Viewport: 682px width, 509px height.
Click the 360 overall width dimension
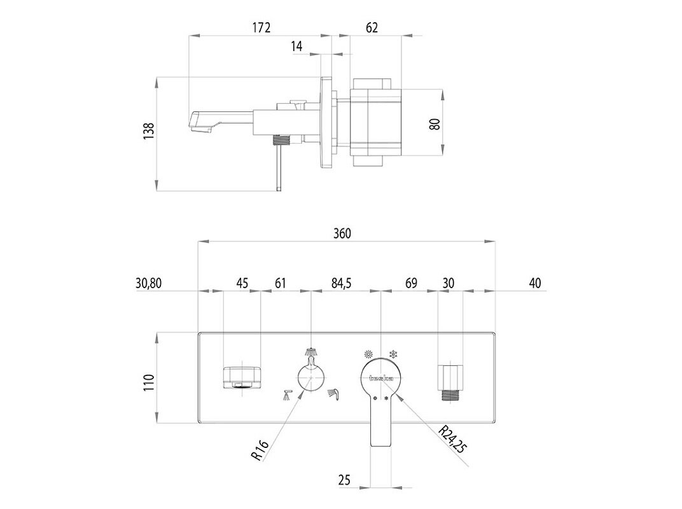(x=342, y=233)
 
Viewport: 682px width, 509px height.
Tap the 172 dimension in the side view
(x=261, y=27)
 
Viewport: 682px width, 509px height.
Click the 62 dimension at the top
(x=372, y=27)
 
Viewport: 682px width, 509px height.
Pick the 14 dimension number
(x=296, y=46)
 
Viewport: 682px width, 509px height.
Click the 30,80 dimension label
(x=149, y=283)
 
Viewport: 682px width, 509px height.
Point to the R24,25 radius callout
(x=453, y=439)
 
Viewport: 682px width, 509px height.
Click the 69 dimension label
(x=411, y=283)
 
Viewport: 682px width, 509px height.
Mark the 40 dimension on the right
(x=534, y=283)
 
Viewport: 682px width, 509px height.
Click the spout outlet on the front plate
(x=242, y=377)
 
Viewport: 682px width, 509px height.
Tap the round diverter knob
(x=311, y=378)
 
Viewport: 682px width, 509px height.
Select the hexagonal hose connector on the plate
(x=450, y=380)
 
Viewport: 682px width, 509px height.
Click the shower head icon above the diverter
(x=311, y=351)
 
